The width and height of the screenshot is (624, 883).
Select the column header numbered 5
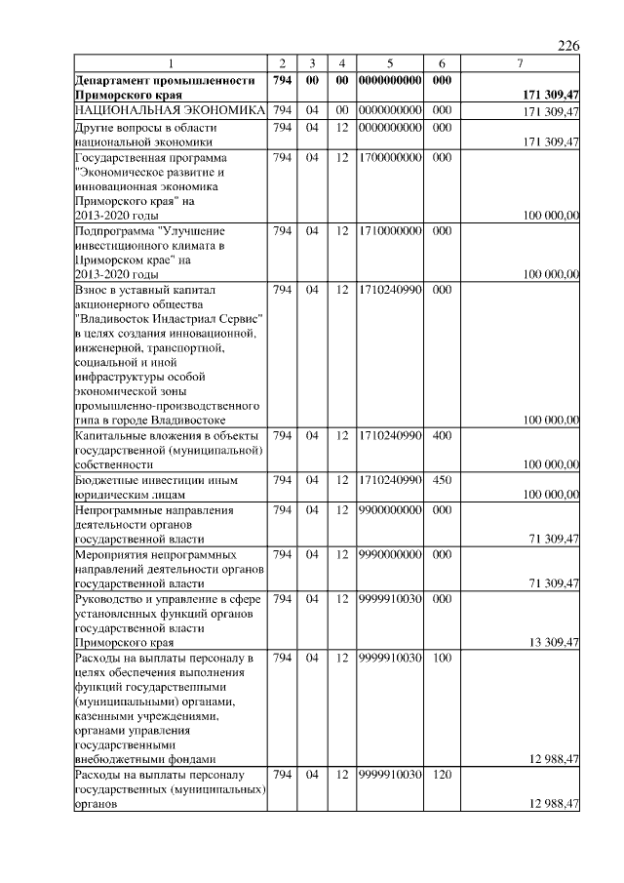coord(389,63)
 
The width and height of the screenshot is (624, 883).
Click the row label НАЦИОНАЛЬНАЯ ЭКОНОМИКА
coord(171,111)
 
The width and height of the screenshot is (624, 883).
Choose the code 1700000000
coord(389,158)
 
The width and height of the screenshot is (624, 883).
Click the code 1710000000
coord(389,231)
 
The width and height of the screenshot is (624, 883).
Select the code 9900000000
coord(389,509)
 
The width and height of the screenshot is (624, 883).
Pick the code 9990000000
coord(389,554)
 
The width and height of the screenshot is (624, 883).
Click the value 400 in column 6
coord(442,434)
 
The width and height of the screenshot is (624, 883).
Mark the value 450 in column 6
coord(442,479)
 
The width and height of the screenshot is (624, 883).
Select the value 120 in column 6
coord(442,774)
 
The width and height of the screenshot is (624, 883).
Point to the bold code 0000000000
coord(389,79)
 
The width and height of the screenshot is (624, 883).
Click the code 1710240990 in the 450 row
coord(389,479)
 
